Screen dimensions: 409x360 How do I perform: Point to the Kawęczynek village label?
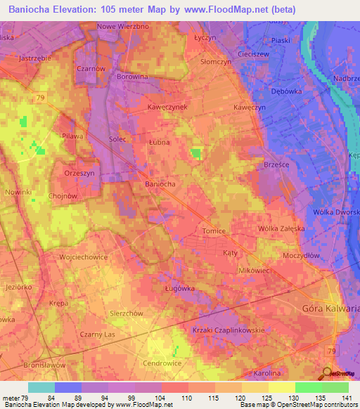167,107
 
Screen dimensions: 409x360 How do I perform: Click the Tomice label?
213,231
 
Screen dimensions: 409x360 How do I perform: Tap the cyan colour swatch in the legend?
41,387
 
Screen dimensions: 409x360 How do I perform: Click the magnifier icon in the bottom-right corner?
326,372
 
